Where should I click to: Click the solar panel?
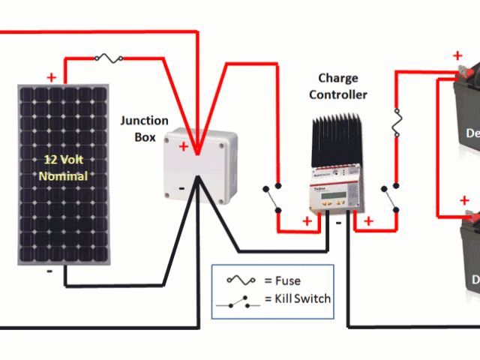(x=65, y=174)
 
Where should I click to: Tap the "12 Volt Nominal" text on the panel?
(x=64, y=168)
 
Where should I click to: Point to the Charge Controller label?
(x=338, y=86)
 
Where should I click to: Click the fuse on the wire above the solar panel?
(x=112, y=57)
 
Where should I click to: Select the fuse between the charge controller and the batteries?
(x=398, y=122)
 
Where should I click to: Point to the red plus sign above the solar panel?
(x=51, y=76)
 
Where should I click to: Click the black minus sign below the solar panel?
(x=49, y=271)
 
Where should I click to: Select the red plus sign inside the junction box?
(x=184, y=147)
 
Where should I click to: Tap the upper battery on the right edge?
(x=461, y=127)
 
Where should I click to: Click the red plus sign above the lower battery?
(x=464, y=200)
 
